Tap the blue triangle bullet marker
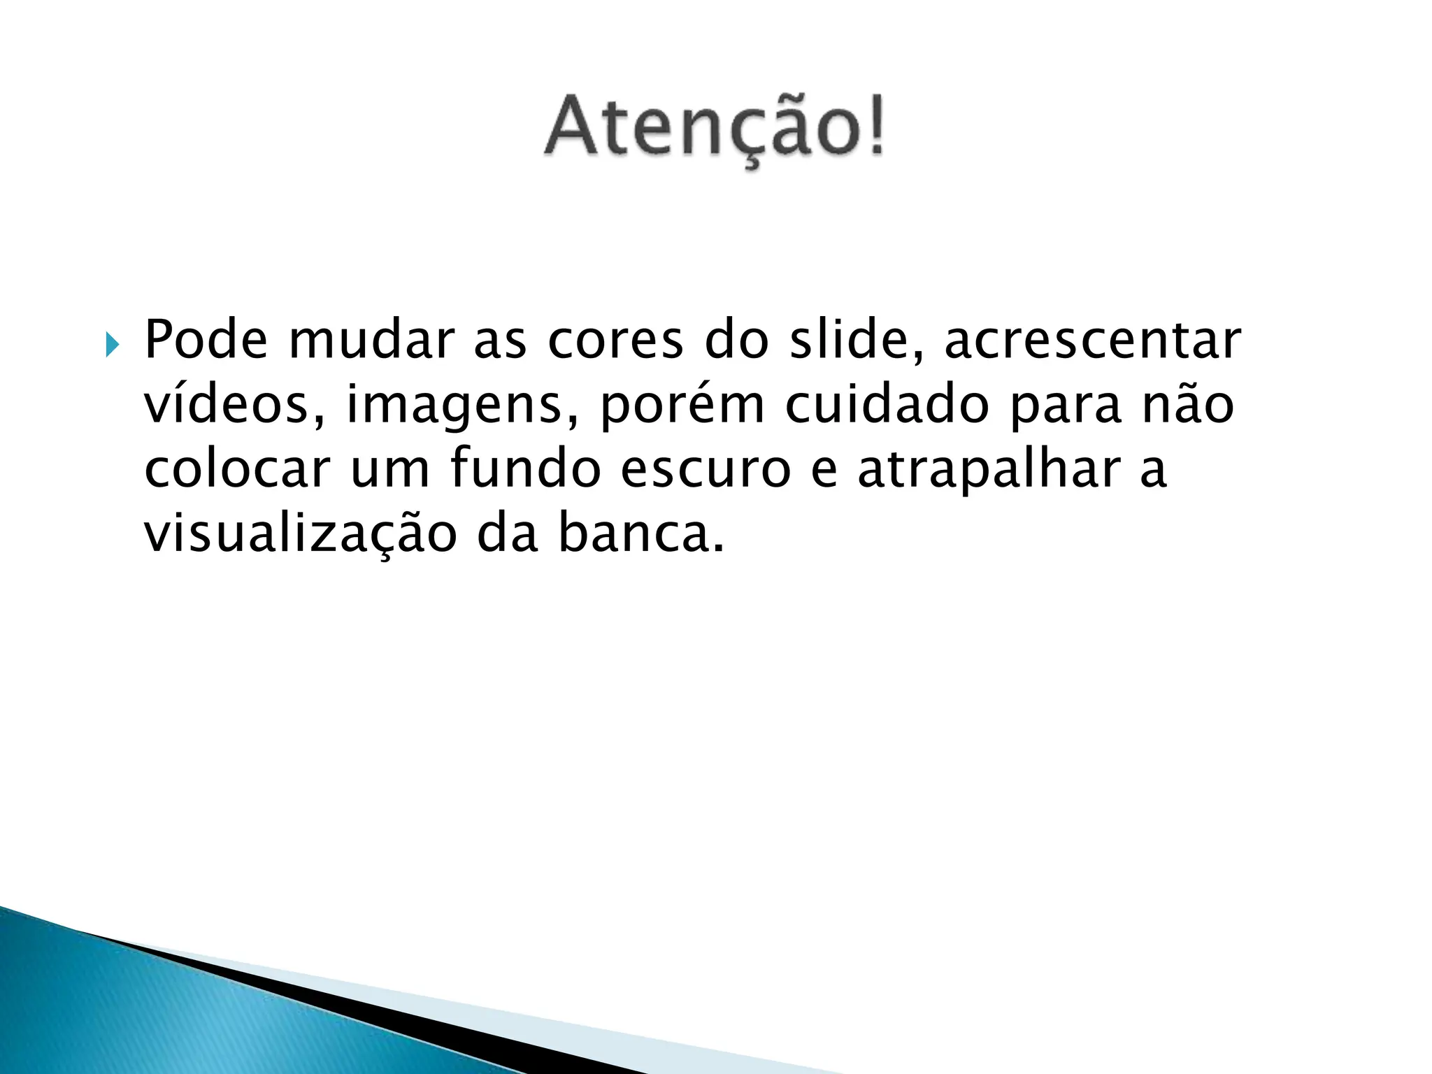click(x=112, y=344)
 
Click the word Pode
click(x=206, y=341)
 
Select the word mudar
click(x=371, y=341)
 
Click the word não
click(x=1188, y=406)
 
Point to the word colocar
click(x=237, y=470)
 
